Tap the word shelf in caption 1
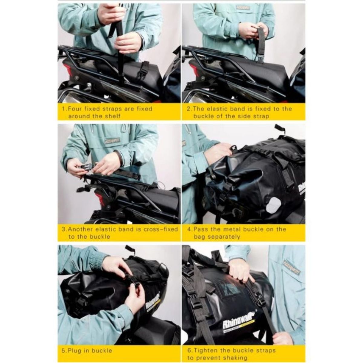click(x=112, y=116)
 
